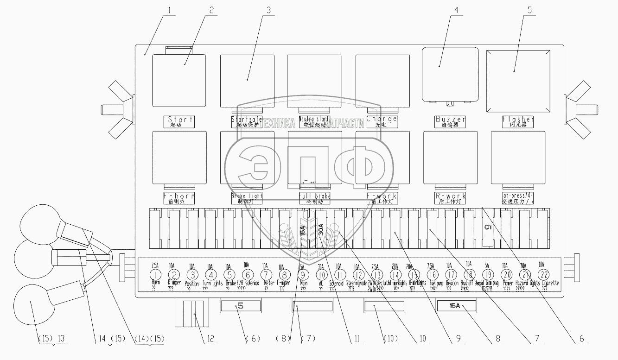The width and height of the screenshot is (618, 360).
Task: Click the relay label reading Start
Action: (178, 121)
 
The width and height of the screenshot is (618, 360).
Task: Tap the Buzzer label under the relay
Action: (450, 121)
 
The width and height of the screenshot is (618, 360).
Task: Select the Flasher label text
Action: (518, 121)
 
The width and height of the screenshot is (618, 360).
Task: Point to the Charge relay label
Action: (382, 121)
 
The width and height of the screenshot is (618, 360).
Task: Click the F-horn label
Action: (178, 199)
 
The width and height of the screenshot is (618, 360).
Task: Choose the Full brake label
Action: (315, 199)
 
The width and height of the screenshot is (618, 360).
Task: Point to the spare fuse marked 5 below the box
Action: (240, 306)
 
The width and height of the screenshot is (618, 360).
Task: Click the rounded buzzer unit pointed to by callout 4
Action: (450, 74)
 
